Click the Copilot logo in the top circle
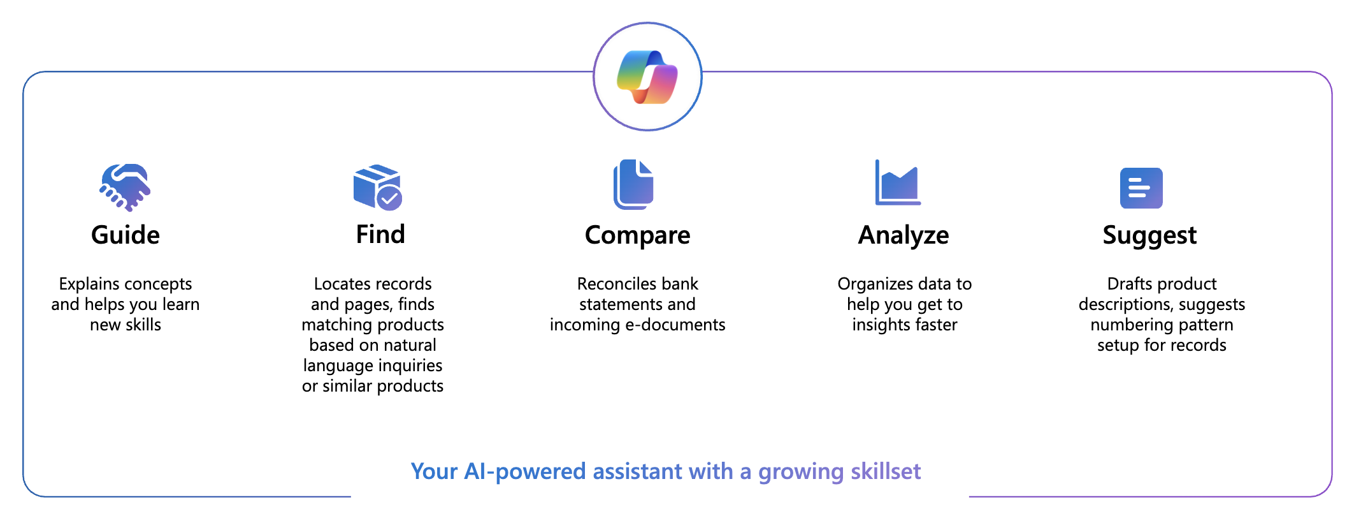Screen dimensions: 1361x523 pyautogui.click(x=647, y=77)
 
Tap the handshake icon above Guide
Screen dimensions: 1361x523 pyautogui.click(x=125, y=187)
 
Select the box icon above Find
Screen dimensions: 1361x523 pyautogui.click(x=378, y=187)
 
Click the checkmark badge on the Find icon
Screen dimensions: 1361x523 pyautogui.click(x=389, y=198)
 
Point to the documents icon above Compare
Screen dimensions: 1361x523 pyautogui.click(x=633, y=184)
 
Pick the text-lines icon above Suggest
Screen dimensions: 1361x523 pyautogui.click(x=1141, y=188)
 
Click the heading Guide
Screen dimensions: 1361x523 pyautogui.click(x=126, y=235)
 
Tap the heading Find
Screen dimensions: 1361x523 pyautogui.click(x=380, y=234)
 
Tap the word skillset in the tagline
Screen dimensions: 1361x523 pyautogui.click(x=886, y=471)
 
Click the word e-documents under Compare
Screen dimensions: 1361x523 pyautogui.click(x=675, y=325)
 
